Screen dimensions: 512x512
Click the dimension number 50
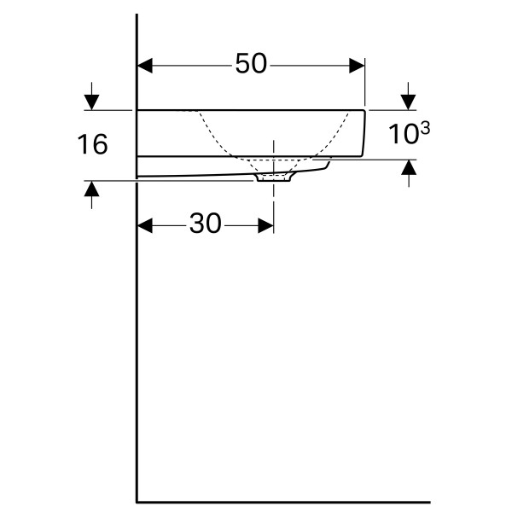tap(251, 64)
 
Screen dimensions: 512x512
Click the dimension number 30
tap(206, 224)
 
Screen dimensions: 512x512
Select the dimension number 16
tap(92, 144)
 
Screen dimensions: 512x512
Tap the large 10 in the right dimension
tap(403, 134)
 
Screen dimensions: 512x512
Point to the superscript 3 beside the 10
tap(425, 128)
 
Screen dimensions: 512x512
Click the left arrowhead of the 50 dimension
tap(145, 66)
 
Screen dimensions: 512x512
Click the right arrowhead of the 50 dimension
tap(357, 66)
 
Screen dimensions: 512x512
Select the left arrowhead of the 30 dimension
tap(145, 225)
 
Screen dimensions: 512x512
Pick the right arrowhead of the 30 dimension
tap(265, 225)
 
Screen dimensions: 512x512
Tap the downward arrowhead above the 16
tap(92, 102)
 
